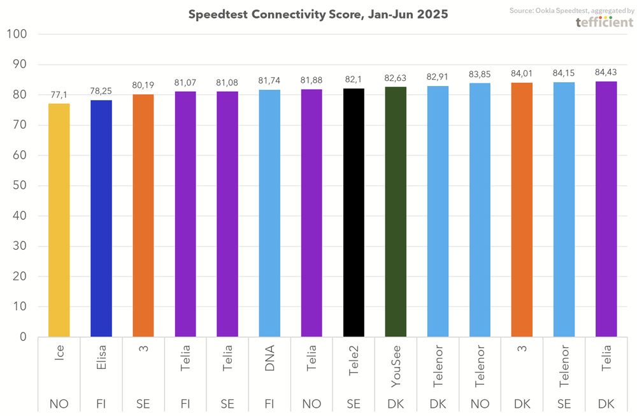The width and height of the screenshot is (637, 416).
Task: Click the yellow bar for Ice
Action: click(x=59, y=220)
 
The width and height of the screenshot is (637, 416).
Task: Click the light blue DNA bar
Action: click(x=269, y=213)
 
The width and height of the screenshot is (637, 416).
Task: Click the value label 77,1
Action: click(x=59, y=94)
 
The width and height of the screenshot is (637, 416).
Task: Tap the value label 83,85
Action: click(x=480, y=74)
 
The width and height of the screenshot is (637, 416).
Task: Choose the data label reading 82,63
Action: click(x=396, y=78)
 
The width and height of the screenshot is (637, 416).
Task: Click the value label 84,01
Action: click(x=522, y=73)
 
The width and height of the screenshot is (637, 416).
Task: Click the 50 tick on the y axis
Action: click(x=18, y=185)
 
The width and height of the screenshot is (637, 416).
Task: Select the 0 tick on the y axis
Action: click(x=22, y=336)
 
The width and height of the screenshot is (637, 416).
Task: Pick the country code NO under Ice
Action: click(x=59, y=403)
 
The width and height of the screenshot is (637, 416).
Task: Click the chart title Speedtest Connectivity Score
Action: click(x=318, y=14)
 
